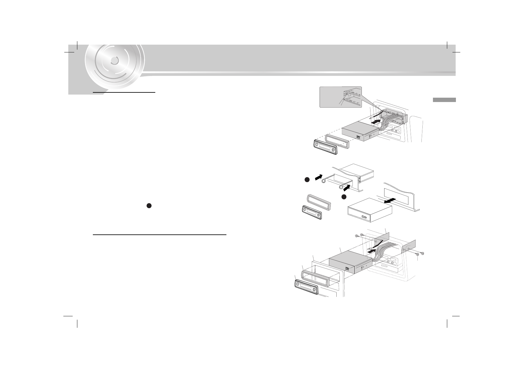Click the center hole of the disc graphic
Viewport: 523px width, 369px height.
click(x=114, y=61)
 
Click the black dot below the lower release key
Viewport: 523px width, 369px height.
click(x=344, y=197)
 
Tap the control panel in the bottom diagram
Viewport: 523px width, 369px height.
click(x=306, y=287)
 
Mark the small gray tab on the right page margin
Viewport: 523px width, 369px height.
click(x=444, y=100)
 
